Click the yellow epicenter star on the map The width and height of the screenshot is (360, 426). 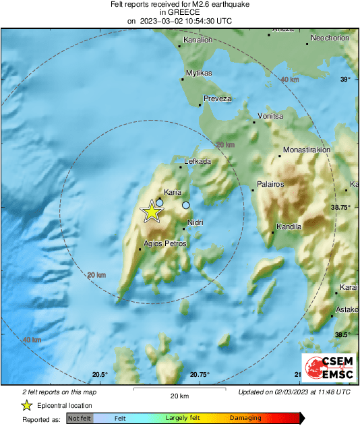(x=152, y=212)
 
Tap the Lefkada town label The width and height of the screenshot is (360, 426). (x=198, y=162)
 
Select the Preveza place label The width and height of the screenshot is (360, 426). (x=218, y=98)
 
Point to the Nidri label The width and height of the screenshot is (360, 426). (x=196, y=222)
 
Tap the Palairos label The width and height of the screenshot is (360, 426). (x=271, y=183)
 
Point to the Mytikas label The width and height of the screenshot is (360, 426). (x=199, y=73)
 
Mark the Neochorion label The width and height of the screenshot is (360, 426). (x=330, y=38)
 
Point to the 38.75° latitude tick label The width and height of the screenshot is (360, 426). (x=340, y=208)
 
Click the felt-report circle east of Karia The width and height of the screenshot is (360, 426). (x=186, y=205)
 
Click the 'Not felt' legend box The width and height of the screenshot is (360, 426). (x=80, y=419)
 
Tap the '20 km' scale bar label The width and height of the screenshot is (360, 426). (x=179, y=395)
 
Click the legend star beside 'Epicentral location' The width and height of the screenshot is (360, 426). (x=27, y=405)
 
